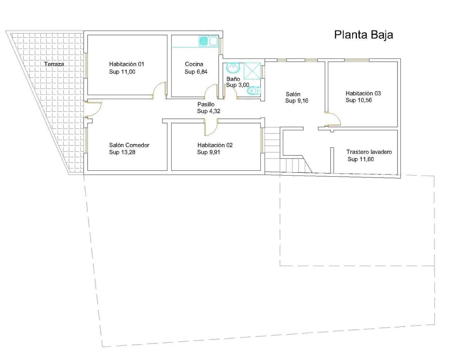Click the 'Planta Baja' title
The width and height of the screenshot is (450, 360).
363,35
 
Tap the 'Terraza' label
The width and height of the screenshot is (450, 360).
54,64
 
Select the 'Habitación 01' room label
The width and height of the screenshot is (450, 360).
126,64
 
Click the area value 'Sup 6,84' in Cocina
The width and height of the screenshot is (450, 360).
196,72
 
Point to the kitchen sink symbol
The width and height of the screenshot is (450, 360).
208,41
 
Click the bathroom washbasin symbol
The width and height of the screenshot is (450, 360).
232,68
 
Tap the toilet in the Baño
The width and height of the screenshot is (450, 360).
254,91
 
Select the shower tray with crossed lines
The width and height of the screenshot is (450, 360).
252,71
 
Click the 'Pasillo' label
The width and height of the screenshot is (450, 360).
206,104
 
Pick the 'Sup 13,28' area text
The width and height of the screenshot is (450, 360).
122,152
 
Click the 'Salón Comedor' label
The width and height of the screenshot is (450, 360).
129,145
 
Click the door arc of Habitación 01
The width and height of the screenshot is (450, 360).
160,90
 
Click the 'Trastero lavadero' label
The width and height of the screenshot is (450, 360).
369,152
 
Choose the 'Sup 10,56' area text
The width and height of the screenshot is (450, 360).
358,100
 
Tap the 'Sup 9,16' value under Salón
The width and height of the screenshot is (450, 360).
296,101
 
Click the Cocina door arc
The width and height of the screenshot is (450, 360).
211,91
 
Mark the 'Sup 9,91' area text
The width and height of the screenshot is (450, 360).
208,152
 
